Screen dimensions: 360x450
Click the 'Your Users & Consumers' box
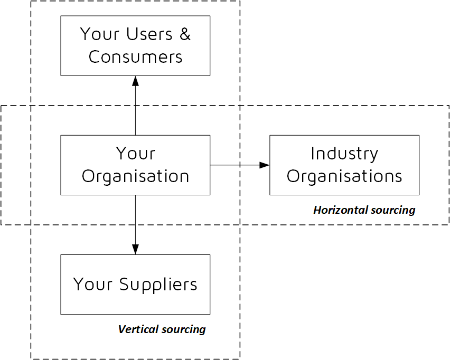(x=135, y=45)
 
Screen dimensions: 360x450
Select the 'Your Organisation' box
(x=135, y=165)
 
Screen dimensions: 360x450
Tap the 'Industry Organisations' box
(x=344, y=165)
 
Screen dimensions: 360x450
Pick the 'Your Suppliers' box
(x=135, y=285)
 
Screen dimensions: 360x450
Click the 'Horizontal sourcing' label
(x=364, y=210)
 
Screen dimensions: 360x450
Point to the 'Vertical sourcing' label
(x=162, y=329)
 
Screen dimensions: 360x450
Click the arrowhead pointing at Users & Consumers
(x=135, y=81)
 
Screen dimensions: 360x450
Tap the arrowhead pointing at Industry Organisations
(x=265, y=165)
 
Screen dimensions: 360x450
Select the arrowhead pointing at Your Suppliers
(x=135, y=249)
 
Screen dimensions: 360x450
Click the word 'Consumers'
(x=135, y=57)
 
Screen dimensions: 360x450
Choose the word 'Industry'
(x=344, y=154)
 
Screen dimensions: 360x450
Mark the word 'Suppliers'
(x=158, y=285)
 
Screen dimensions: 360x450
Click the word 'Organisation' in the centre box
(x=135, y=176)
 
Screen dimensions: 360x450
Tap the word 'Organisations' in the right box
(x=344, y=176)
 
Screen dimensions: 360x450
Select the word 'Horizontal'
(x=337, y=210)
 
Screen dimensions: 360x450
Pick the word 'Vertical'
(x=137, y=329)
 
